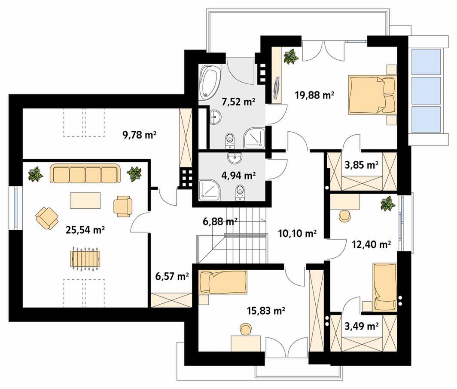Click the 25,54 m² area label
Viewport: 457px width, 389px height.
click(85, 230)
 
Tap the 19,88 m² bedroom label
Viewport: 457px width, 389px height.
click(314, 95)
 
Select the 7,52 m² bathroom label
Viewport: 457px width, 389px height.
click(238, 102)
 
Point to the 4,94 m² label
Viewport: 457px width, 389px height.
click(238, 176)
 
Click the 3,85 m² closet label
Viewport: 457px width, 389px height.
click(361, 165)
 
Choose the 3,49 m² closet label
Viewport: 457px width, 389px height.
click(361, 326)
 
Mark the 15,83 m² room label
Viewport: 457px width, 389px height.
click(266, 311)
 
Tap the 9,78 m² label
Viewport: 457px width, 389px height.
click(140, 135)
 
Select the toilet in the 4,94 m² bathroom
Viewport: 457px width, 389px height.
click(240, 193)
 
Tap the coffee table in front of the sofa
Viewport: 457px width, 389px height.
click(85, 201)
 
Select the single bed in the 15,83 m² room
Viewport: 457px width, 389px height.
click(222, 282)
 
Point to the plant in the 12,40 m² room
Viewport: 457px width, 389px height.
click(387, 204)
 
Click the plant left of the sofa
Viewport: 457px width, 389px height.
click(36, 174)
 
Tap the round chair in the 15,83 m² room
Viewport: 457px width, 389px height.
click(246, 329)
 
